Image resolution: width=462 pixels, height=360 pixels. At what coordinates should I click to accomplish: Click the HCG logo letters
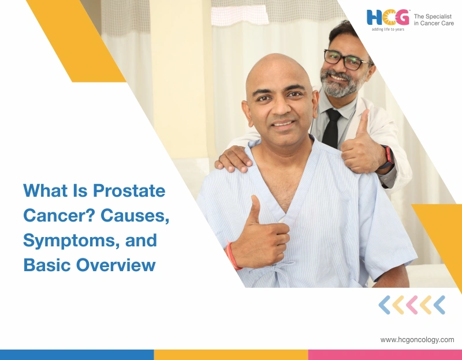point(388,17)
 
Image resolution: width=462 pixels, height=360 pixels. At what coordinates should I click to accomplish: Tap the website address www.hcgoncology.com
point(417,340)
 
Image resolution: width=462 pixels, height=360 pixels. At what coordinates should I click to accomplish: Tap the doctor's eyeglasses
point(346,59)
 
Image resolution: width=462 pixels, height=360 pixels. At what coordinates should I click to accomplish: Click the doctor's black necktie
point(332,127)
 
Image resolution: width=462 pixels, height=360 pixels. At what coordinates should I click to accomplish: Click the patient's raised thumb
point(255,208)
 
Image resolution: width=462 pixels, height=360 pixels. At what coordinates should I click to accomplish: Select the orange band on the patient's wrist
point(232,256)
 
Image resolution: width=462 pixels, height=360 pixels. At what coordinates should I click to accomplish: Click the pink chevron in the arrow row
point(412,305)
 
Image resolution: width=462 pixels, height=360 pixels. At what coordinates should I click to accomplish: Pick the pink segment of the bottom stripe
point(385,354)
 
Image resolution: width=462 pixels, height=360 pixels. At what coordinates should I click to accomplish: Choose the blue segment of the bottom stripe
point(77,354)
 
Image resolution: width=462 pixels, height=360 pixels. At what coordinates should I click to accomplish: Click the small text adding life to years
point(388,29)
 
